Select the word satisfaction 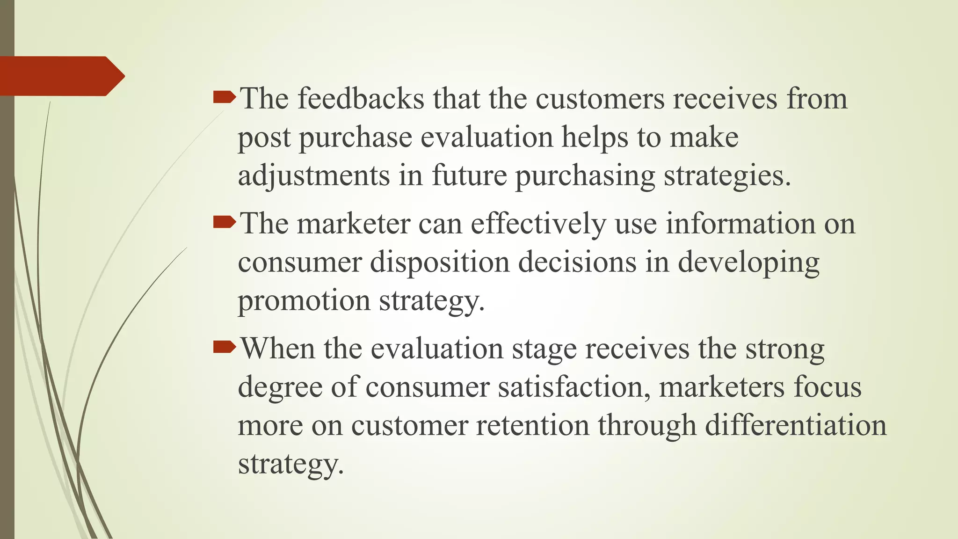pos(573,387)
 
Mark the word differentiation pos(795,425)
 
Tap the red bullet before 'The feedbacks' pos(224,97)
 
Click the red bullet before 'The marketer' pos(224,222)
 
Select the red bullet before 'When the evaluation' pos(224,347)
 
